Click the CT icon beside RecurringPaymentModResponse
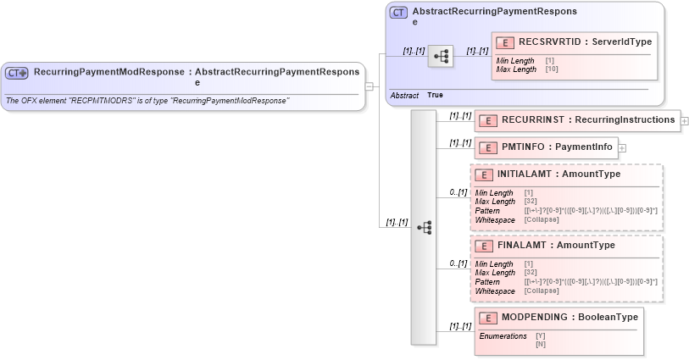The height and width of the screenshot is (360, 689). (x=17, y=73)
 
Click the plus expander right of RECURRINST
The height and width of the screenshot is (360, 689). (x=685, y=121)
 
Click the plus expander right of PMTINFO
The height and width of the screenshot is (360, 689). (x=622, y=147)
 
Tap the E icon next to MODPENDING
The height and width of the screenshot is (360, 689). (x=487, y=318)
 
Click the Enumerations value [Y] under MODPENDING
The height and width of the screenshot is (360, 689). (x=541, y=336)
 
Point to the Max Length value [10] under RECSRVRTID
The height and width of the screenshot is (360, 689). (x=550, y=69)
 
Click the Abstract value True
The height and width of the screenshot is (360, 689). (x=435, y=95)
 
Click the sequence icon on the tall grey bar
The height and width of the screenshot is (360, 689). (x=425, y=227)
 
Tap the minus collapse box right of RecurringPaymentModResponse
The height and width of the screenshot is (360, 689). (x=370, y=86)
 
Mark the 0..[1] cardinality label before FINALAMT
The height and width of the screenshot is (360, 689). (x=458, y=263)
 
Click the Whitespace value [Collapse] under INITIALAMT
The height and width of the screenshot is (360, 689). (x=542, y=219)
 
